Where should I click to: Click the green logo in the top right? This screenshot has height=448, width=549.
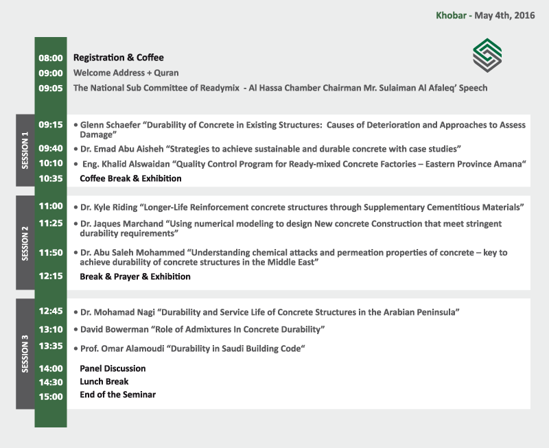[487, 54]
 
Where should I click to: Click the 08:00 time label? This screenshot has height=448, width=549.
[51, 58]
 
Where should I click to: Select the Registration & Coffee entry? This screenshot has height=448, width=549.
[119, 58]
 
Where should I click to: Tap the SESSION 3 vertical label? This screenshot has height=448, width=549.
[25, 353]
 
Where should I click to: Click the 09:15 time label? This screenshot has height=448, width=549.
[51, 125]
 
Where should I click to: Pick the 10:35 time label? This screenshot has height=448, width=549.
[51, 178]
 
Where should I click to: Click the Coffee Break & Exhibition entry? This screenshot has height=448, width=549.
[130, 178]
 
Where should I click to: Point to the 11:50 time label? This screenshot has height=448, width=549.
[51, 252]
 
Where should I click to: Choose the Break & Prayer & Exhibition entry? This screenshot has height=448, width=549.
[135, 276]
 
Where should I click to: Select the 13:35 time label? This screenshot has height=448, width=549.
[51, 346]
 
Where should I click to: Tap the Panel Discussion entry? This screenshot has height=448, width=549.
[113, 368]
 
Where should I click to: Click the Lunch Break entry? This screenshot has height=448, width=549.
[104, 381]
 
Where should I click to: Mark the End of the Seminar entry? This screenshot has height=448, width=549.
[117, 394]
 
